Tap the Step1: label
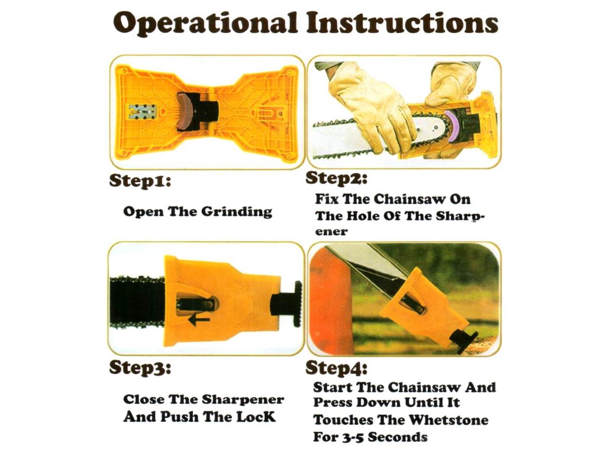click(140, 181)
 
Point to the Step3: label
click(140, 368)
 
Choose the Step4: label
click(336, 368)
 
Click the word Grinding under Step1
click(237, 212)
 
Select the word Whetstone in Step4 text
click(449, 420)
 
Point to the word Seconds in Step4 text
click(398, 437)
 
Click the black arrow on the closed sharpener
click(199, 319)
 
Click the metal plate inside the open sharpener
click(143, 111)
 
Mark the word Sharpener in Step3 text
click(243, 400)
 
